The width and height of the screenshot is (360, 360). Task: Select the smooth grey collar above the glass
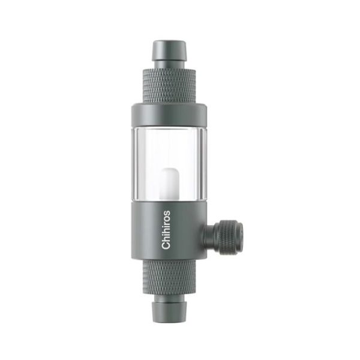168,115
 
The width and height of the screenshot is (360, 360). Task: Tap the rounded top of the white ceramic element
169,170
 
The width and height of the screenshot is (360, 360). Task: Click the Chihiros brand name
167,229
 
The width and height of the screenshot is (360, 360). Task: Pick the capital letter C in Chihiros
167,245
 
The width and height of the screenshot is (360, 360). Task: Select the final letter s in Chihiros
167,212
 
